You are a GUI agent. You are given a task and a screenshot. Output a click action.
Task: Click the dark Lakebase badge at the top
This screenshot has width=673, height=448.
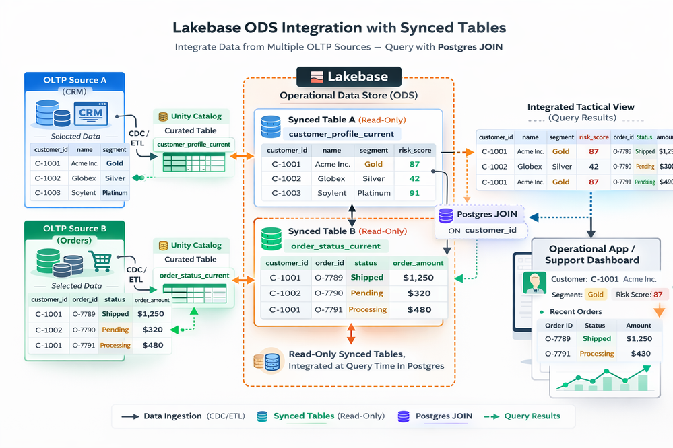coord(349,77)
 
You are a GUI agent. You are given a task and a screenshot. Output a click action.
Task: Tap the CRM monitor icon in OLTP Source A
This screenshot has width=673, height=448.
coord(91,113)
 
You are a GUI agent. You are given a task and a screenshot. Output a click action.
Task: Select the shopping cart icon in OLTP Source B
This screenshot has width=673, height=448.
coord(100,260)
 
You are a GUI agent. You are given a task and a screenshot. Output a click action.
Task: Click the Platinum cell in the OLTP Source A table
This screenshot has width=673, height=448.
coord(115,193)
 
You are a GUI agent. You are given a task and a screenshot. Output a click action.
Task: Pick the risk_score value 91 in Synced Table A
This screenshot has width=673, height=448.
coord(414,193)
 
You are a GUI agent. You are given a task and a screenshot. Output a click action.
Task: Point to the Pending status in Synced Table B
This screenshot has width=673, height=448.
coord(366,293)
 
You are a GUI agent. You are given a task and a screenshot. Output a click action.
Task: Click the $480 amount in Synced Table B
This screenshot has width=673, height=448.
coord(418,310)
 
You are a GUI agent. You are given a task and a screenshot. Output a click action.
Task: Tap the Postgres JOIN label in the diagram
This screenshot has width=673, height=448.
coord(479,215)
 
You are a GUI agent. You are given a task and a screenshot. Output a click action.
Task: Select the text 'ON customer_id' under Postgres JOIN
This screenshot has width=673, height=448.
coord(484,231)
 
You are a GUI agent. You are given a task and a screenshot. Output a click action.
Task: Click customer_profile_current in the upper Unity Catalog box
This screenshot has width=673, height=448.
coord(193,145)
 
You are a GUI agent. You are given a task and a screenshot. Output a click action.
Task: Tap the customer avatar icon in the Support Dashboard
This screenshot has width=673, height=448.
coord(536,283)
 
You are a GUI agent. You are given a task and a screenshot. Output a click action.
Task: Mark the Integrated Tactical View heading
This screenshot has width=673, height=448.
coord(581,107)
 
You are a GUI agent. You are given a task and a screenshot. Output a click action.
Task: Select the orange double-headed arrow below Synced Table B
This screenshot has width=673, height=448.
coord(350,334)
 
